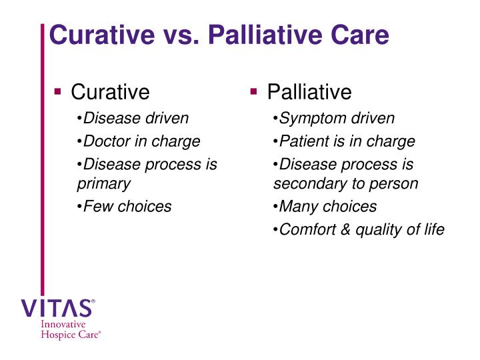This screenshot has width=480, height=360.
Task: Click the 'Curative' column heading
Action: pyautogui.click(x=110, y=91)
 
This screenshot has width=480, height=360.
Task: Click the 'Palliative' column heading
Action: pyautogui.click(x=309, y=91)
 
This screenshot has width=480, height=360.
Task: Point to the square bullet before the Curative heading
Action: pyautogui.click(x=59, y=91)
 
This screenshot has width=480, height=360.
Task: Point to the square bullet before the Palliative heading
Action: pyautogui.click(x=255, y=91)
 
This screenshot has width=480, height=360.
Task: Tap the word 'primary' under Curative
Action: pyautogui.click(x=103, y=183)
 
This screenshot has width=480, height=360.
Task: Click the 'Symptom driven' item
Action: pyautogui.click(x=337, y=119)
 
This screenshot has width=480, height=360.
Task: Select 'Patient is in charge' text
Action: pyautogui.click(x=347, y=141)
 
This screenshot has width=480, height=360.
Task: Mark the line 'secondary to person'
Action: pyautogui.click(x=345, y=183)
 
